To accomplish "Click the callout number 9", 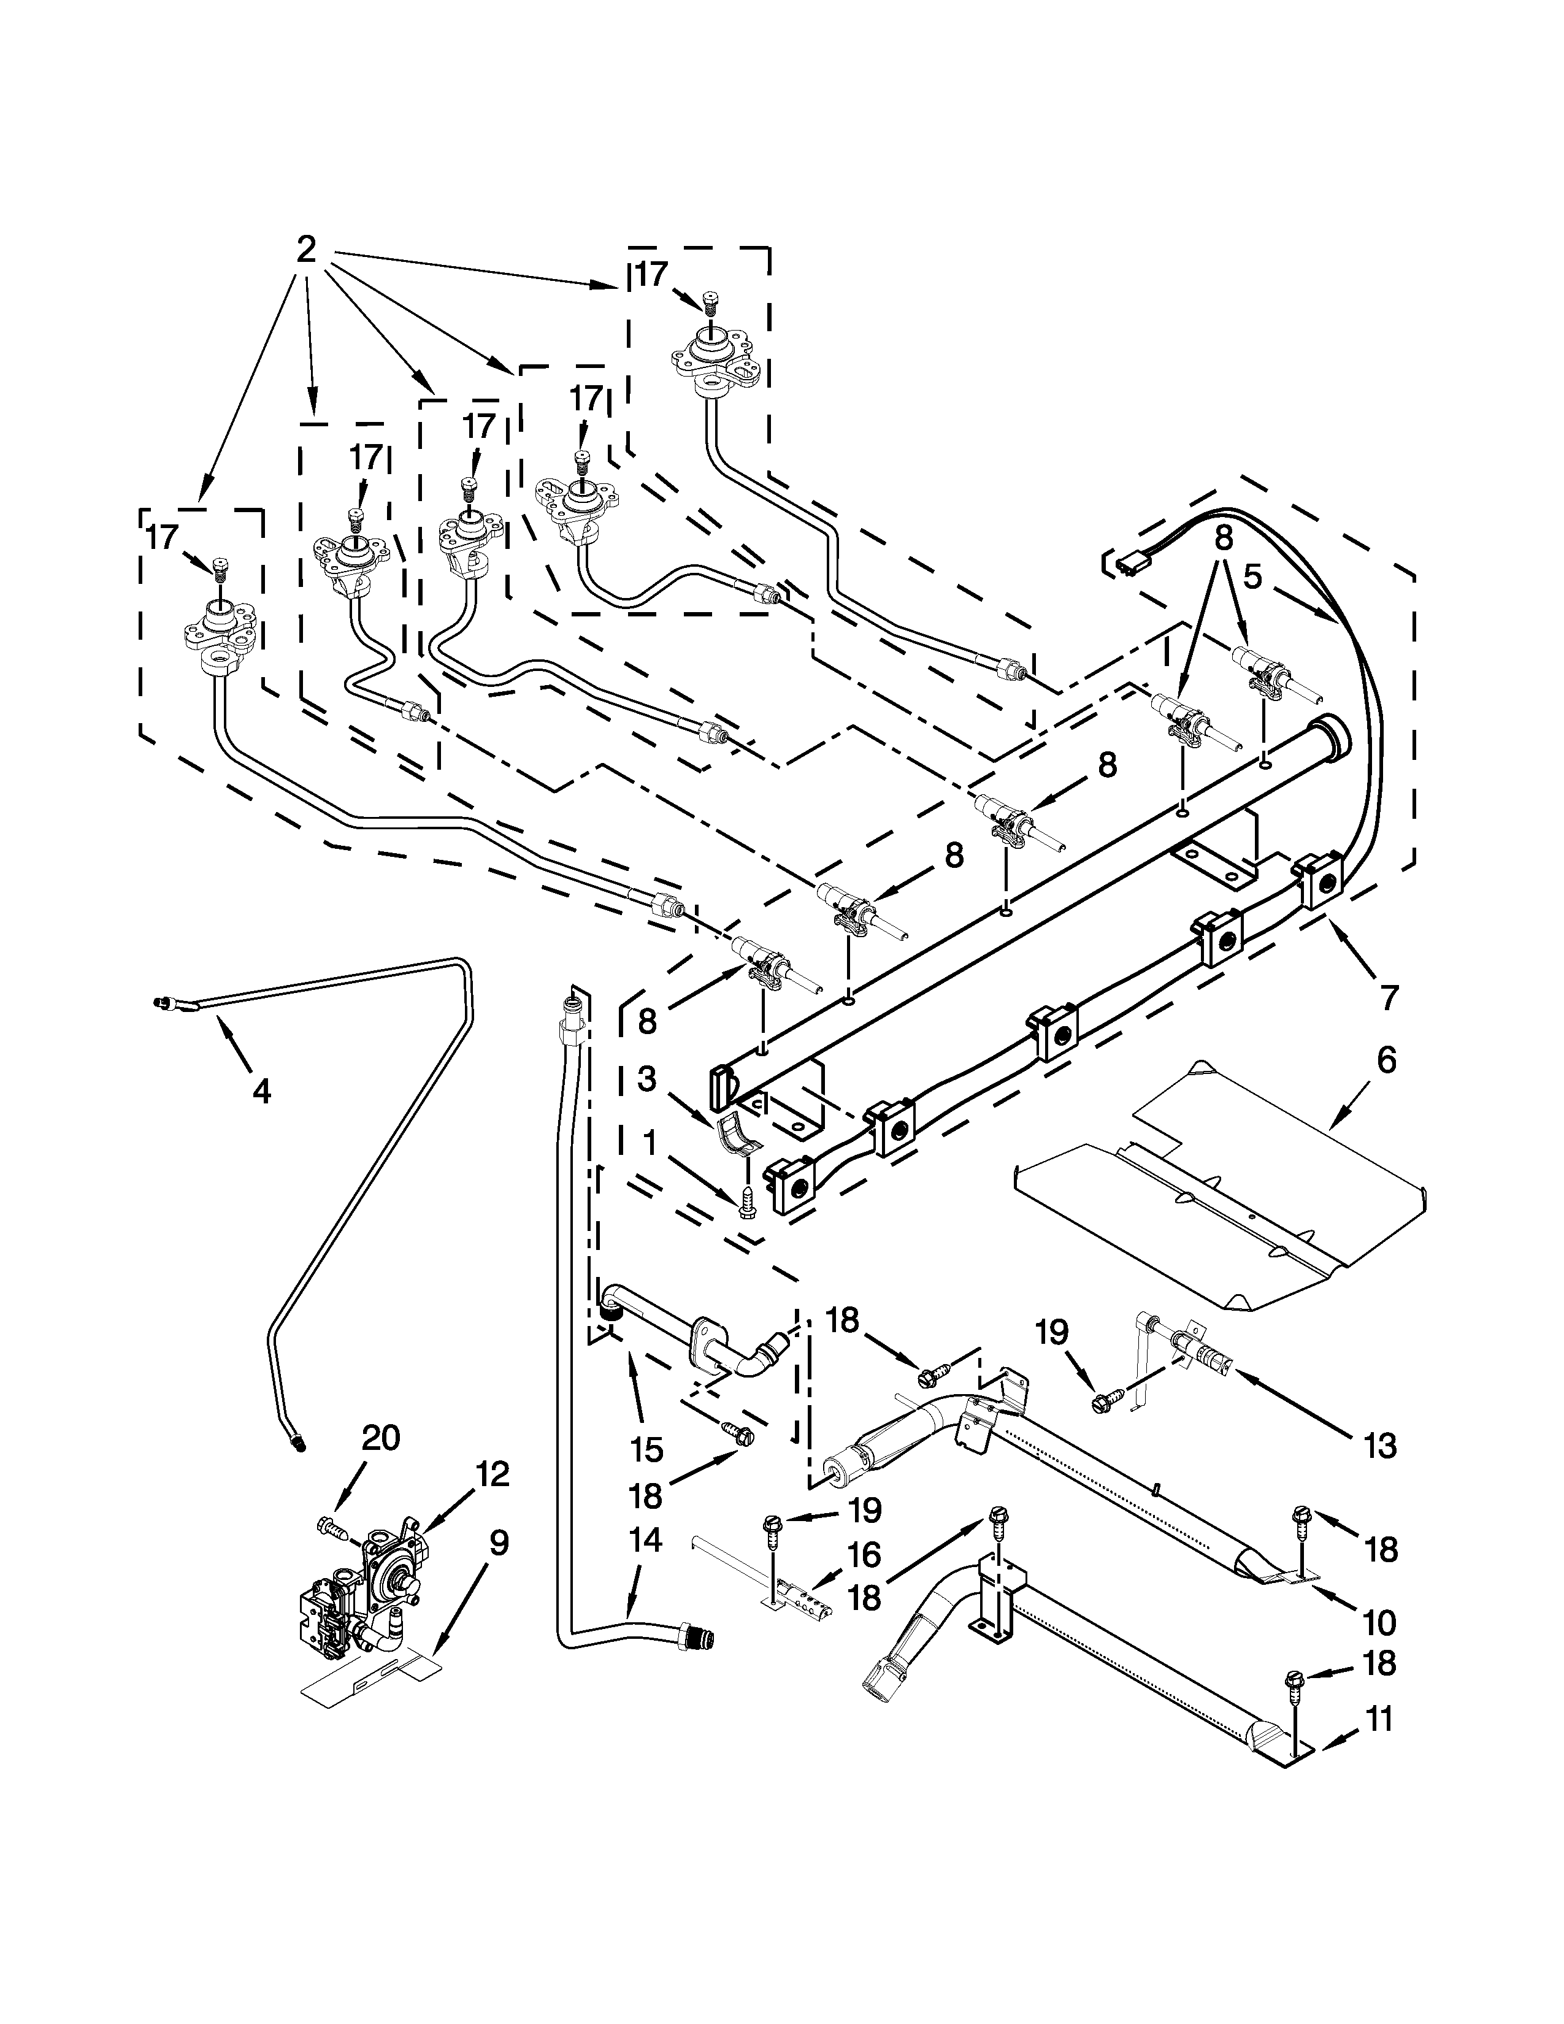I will tap(499, 1543).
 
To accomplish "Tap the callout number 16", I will tap(864, 1555).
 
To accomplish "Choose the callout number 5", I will tap(1252, 577).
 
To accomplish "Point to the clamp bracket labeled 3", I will tap(738, 1132).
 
